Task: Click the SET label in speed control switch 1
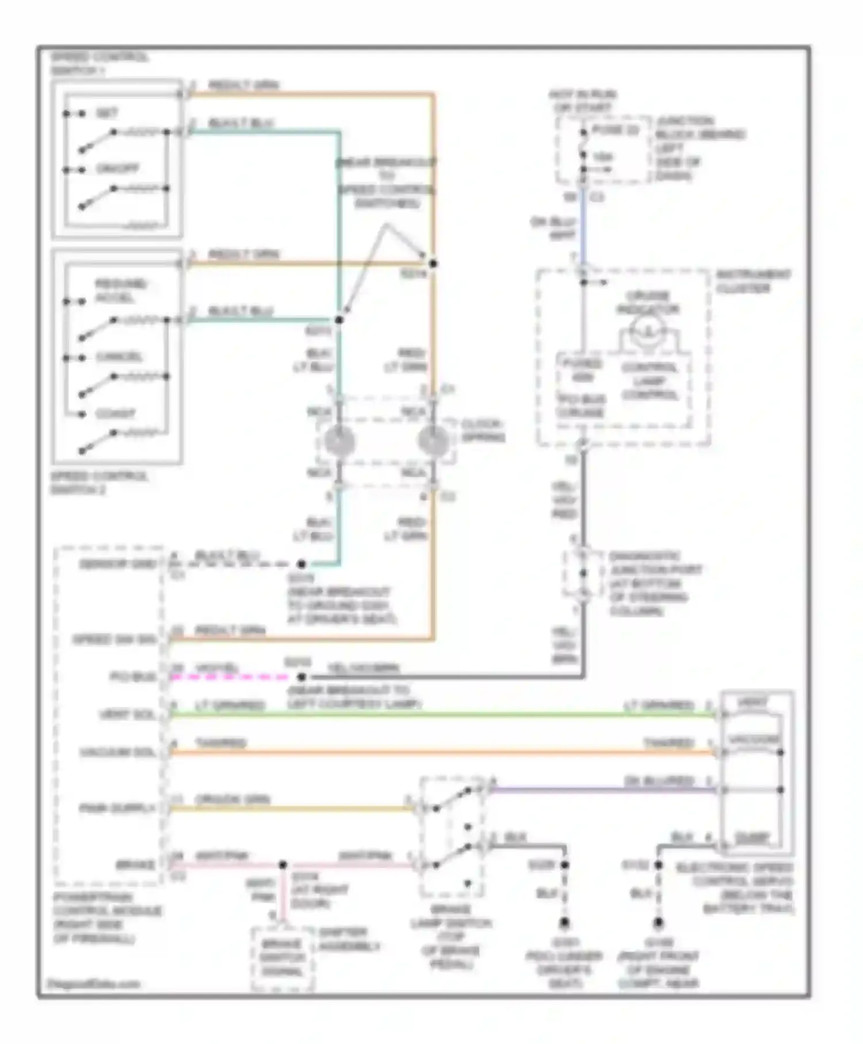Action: (107, 113)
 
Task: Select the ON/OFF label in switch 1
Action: (117, 169)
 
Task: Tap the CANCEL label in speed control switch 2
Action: (119, 357)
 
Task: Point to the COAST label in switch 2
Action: (115, 413)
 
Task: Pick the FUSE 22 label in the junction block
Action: (616, 131)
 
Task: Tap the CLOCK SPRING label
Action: (483, 430)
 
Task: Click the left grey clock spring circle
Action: (339, 441)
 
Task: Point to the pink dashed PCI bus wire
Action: (230, 677)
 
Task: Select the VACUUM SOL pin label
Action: (117, 752)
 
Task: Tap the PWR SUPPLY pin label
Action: (117, 809)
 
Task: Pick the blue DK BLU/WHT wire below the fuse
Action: (583, 230)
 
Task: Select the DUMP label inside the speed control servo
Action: (751, 838)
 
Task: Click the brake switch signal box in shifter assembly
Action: (282, 958)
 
